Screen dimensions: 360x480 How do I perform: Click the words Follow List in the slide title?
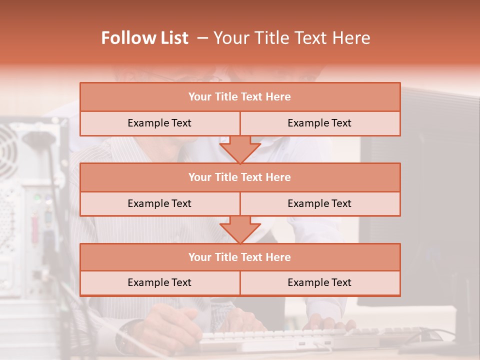145,38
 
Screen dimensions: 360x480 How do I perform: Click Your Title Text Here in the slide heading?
292,38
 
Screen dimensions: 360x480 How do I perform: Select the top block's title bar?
240,97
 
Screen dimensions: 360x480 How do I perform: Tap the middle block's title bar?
240,177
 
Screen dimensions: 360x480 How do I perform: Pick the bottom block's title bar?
240,257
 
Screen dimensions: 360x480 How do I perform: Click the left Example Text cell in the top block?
159,123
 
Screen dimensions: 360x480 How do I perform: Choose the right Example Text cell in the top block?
319,123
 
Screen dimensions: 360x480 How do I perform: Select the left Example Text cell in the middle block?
159,203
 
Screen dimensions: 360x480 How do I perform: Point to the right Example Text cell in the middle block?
319,203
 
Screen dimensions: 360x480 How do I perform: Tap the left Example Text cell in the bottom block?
159,282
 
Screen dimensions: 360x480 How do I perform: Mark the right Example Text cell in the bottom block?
319,282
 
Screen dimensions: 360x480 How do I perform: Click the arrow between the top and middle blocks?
240,149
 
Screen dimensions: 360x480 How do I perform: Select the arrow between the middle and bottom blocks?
240,229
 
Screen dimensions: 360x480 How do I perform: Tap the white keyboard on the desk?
280,338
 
